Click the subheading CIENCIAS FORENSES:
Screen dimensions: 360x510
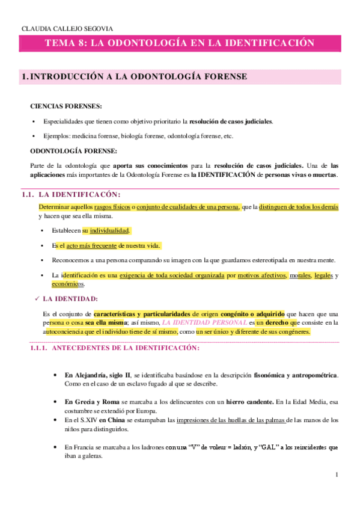click(58, 106)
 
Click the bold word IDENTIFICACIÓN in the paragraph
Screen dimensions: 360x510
click(225, 175)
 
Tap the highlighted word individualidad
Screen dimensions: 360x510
click(109, 230)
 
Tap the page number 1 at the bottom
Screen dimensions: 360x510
click(337, 476)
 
